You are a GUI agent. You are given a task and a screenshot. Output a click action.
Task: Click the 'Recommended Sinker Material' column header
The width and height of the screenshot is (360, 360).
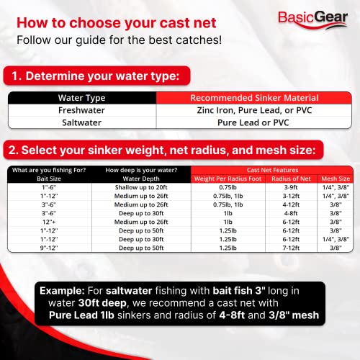click(248, 99)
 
